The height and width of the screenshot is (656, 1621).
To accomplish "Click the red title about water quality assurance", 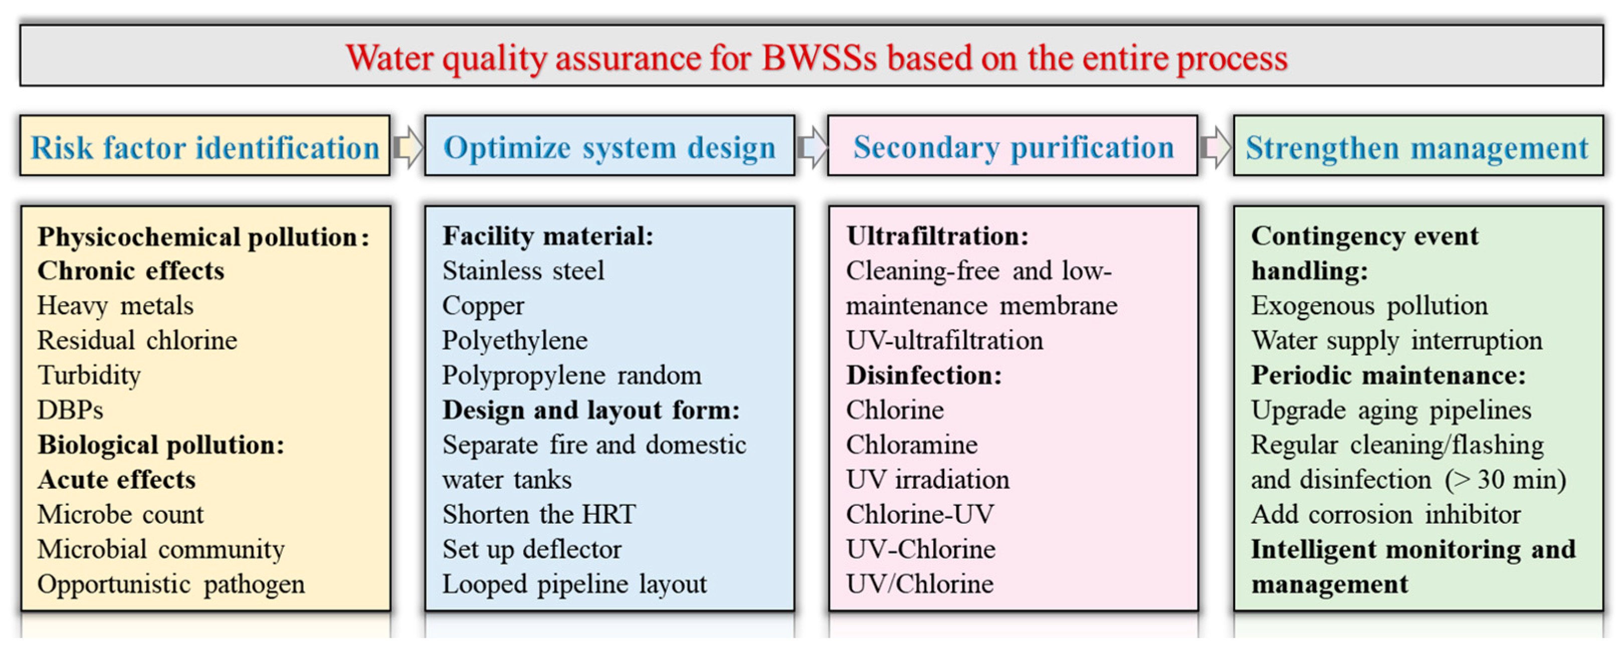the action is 816,59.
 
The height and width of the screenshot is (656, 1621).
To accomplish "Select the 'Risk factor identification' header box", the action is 205,145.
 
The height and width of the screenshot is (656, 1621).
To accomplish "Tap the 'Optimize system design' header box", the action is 609,145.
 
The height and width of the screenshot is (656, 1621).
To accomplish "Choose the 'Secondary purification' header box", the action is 1012,145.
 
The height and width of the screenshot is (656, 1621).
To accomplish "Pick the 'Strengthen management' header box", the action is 1417,145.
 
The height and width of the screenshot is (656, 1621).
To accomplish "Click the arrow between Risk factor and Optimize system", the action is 408,147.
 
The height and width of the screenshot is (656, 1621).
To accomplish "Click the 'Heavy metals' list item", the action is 115,305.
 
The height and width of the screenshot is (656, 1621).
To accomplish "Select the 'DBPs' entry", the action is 70,410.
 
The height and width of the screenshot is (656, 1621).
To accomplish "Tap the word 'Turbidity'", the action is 89,376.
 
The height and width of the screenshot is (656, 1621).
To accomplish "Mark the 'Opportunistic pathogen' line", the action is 170,584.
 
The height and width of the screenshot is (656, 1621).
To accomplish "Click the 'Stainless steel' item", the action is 523,271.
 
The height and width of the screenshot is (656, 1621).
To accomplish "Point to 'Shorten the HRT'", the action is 539,514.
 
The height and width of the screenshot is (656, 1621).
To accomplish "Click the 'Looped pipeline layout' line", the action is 574,584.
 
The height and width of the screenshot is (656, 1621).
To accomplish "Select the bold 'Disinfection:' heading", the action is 924,376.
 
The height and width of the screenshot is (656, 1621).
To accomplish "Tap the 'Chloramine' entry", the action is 912,445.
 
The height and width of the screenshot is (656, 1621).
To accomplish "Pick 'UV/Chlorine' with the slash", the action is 920,584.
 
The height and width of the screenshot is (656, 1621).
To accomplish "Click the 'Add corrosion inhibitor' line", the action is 1385,514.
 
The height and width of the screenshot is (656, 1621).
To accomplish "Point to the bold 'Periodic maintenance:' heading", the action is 1388,376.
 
